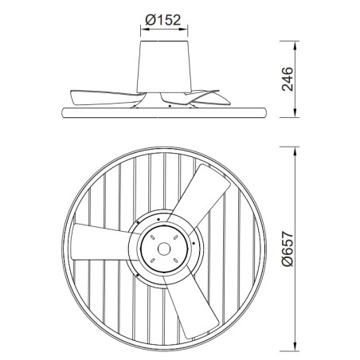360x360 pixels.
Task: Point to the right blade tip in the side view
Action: (227, 96)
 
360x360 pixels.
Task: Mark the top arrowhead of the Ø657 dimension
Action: (298, 148)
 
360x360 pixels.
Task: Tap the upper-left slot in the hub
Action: (157, 238)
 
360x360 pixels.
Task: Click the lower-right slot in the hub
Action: (176, 258)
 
